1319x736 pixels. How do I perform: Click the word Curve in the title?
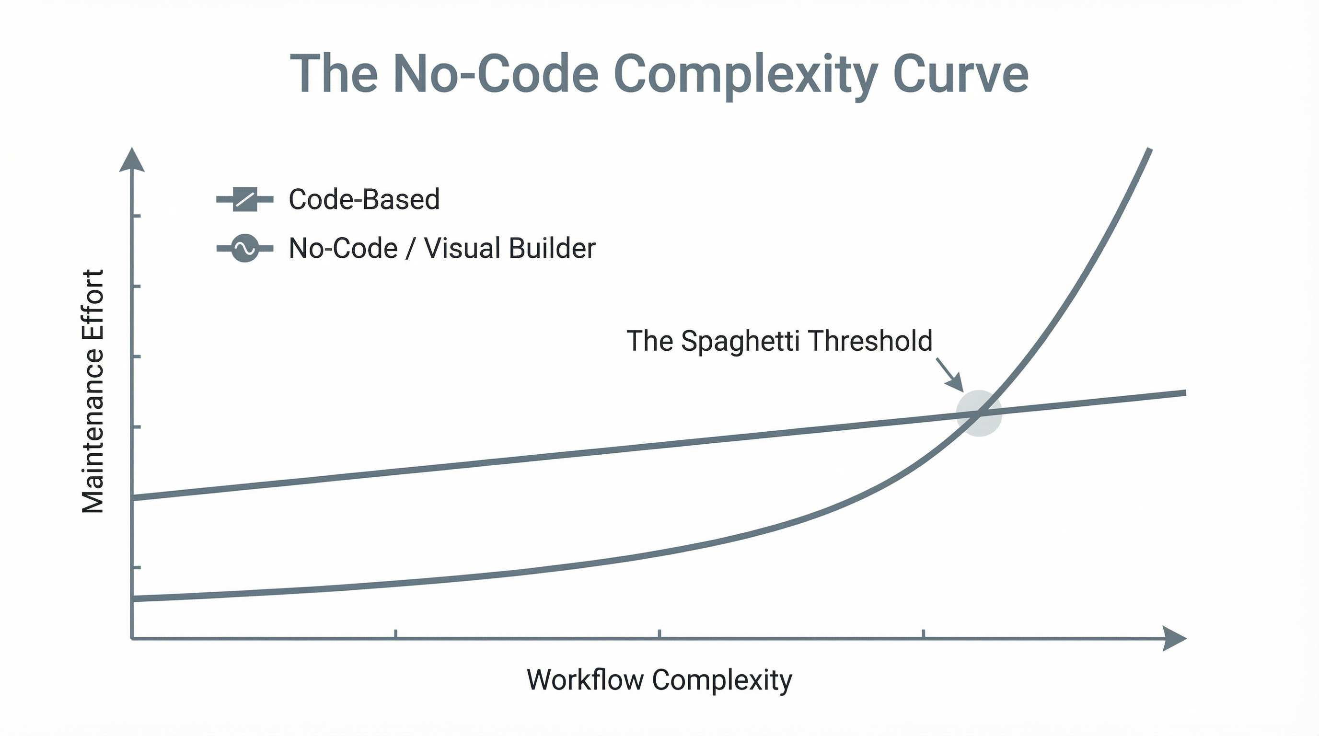point(960,75)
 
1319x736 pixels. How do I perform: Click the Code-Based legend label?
point(364,199)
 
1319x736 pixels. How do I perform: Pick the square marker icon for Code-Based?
point(245,199)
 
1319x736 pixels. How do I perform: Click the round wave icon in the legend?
point(245,248)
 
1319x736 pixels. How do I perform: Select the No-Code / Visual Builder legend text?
point(442,248)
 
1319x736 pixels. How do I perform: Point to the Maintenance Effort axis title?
point(93,391)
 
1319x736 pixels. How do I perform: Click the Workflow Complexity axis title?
point(659,680)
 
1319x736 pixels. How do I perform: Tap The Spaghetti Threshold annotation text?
point(779,341)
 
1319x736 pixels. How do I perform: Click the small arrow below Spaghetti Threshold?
point(950,375)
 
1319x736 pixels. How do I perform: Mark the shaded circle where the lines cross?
point(979,413)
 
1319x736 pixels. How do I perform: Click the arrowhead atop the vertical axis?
point(132,160)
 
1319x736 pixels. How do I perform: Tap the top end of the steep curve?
point(1149,150)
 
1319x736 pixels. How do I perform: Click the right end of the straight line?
point(1184,393)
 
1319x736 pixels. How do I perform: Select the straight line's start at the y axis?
point(134,497)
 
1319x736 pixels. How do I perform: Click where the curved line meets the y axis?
point(134,598)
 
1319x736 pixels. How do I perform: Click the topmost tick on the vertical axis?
point(136,217)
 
